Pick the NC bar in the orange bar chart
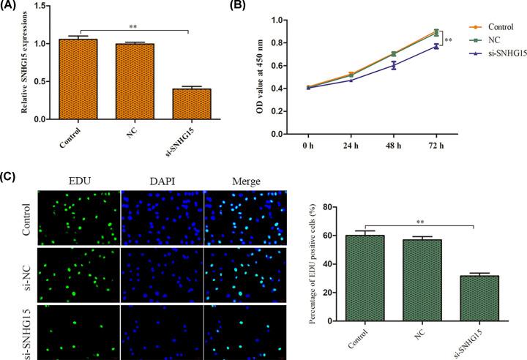(131, 81)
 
